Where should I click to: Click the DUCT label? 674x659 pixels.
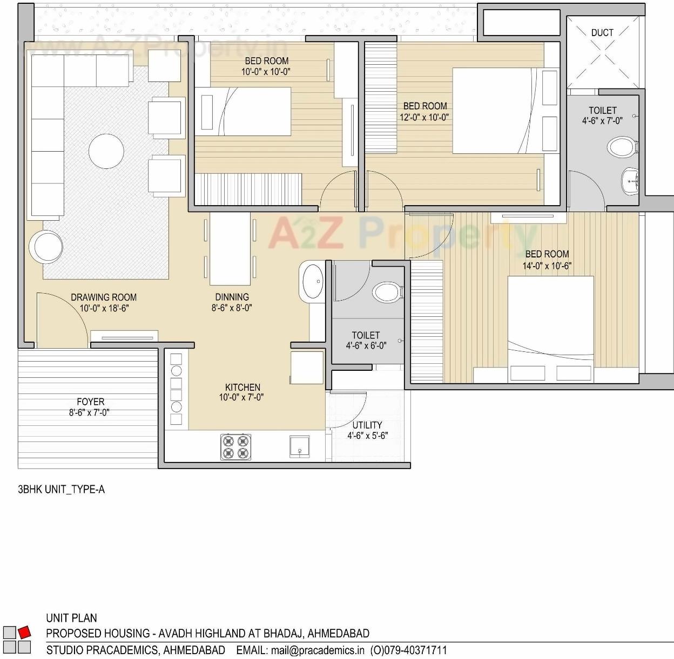(602, 33)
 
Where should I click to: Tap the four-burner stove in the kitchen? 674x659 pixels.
(236, 446)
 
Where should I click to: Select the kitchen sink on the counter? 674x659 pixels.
(301, 446)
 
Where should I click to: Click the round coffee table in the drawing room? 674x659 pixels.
(106, 152)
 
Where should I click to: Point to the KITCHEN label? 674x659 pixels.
(242, 387)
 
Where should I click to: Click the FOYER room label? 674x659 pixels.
(90, 402)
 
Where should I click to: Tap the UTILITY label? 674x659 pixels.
(367, 425)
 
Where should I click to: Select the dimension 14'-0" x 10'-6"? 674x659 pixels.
(547, 266)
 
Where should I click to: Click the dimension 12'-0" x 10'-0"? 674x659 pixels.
(424, 117)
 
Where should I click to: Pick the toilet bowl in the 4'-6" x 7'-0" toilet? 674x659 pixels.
(622, 146)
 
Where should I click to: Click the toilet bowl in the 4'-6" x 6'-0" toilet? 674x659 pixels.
(387, 292)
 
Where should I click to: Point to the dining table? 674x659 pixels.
(230, 249)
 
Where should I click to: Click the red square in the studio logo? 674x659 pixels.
(24, 631)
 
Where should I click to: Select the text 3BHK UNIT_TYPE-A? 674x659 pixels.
(62, 490)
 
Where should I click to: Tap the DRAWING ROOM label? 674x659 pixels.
(104, 297)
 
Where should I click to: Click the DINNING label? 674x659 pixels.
(232, 297)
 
